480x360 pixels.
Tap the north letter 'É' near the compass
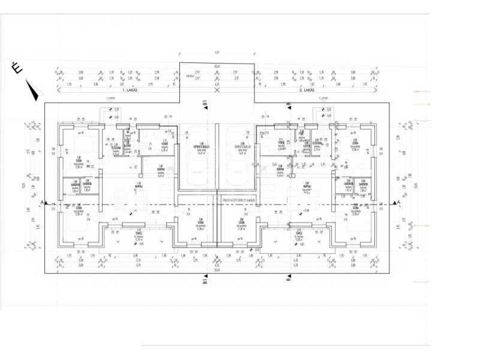(17, 69)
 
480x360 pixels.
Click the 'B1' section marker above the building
(205, 103)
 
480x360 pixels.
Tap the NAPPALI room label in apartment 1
(139, 184)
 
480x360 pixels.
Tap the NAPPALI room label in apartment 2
(307, 184)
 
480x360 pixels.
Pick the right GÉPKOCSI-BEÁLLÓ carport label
(242, 145)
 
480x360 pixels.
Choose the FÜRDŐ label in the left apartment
(164, 142)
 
